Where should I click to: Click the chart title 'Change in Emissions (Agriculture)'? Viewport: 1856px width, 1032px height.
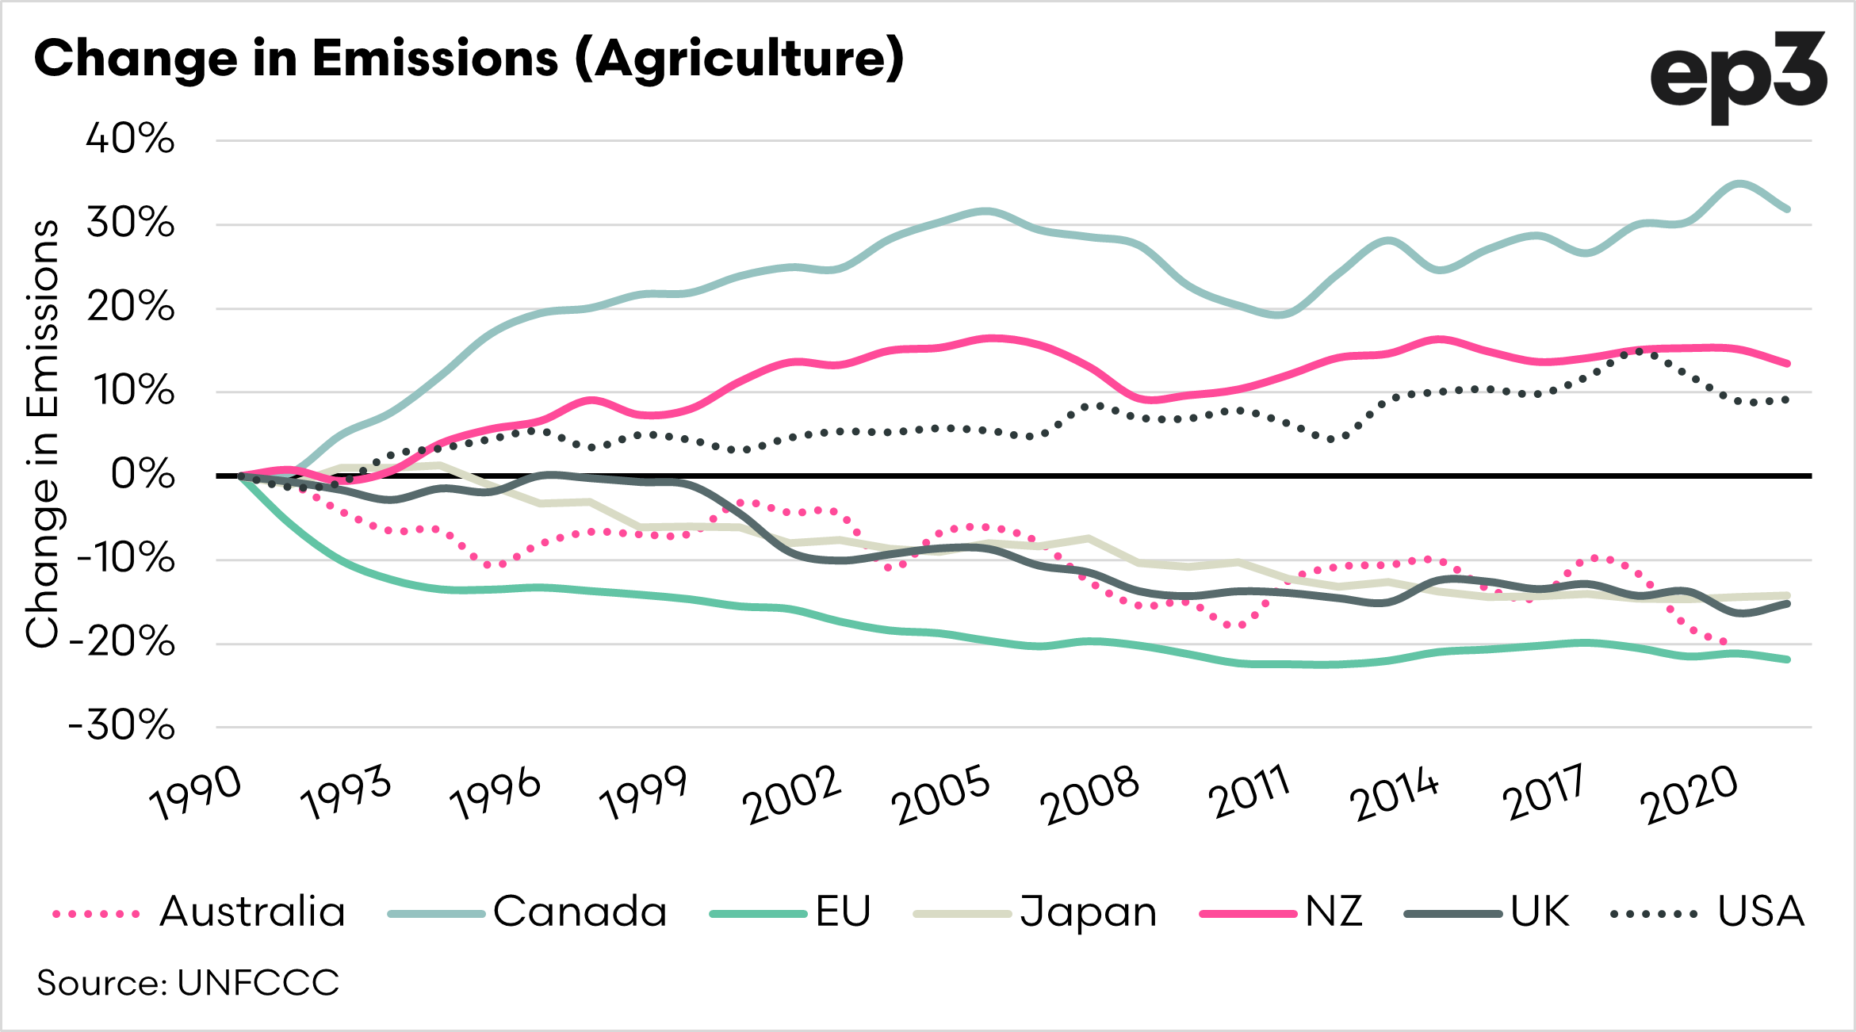[x=469, y=59]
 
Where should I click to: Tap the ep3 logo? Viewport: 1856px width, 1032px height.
[x=1738, y=77]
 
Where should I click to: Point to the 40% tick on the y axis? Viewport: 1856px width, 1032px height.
[x=130, y=140]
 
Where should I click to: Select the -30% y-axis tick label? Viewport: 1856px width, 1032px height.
[x=122, y=726]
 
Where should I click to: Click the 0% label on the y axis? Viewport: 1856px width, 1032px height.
[x=143, y=476]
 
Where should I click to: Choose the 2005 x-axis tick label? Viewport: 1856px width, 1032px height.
[x=941, y=794]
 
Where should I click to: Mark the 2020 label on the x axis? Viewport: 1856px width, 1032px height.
[x=1689, y=794]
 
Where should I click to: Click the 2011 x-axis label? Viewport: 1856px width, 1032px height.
[x=1249, y=793]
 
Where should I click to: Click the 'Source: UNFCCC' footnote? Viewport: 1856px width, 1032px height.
[x=188, y=984]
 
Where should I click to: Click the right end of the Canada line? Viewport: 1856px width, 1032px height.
[x=1788, y=209]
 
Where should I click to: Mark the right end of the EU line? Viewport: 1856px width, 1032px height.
[x=1788, y=659]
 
